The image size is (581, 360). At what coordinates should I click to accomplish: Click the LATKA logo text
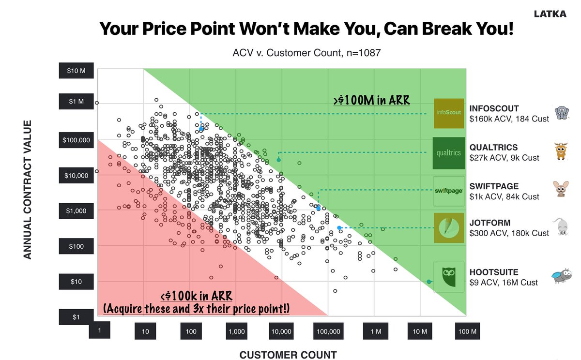tap(550, 14)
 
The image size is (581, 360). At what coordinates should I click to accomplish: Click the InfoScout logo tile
tap(449, 113)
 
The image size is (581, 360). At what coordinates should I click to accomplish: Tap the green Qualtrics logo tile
tap(449, 153)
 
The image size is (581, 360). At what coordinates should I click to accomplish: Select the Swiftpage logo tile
tap(449, 191)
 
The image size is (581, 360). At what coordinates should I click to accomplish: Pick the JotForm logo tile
tap(449, 228)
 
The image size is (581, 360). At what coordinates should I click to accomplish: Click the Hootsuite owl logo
tap(449, 277)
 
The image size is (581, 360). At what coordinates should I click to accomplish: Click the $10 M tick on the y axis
tap(76, 71)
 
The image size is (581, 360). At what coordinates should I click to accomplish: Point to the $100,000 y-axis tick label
tap(76, 141)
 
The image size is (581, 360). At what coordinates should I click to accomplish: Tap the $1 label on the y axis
tap(76, 317)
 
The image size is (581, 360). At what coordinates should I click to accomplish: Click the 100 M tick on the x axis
tap(467, 331)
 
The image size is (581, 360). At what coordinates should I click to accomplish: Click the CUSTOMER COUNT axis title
tap(288, 355)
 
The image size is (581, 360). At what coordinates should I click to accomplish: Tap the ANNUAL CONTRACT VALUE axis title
tap(28, 190)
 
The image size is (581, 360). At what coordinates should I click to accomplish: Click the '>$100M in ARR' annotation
tap(371, 100)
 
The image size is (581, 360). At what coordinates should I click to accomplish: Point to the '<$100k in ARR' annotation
tap(196, 296)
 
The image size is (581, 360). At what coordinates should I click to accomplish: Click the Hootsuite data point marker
tap(429, 282)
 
